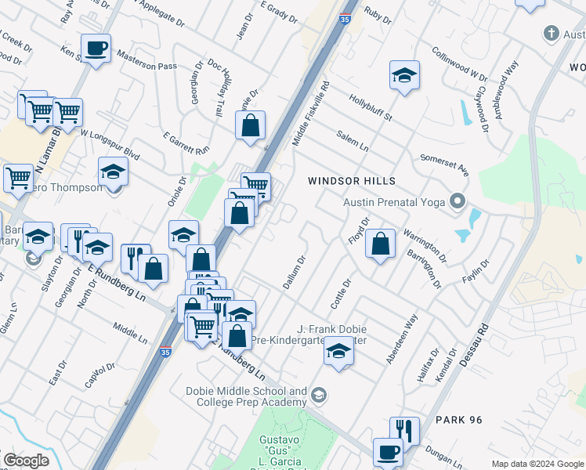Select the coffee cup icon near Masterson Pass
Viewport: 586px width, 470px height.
point(96,49)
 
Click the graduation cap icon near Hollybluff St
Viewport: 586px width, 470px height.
point(404,76)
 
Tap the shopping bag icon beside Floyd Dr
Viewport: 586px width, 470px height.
point(380,244)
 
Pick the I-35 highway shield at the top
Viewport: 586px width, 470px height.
point(345,15)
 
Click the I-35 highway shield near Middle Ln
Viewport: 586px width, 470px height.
point(165,353)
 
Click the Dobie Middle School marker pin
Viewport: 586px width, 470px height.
point(317,395)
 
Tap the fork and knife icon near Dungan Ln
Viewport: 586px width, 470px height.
point(404,429)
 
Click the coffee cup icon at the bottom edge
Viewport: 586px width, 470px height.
point(389,453)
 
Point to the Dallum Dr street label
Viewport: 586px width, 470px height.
point(293,272)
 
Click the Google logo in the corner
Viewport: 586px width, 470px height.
point(25,461)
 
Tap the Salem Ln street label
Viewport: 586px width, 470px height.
point(352,140)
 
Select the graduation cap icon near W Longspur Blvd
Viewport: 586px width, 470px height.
point(113,172)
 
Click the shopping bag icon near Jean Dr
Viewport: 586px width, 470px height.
point(250,125)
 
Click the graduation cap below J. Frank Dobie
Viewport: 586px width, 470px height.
point(338,351)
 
